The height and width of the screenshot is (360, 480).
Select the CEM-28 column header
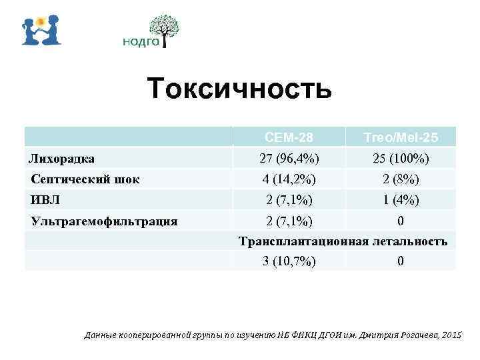pyautogui.click(x=289, y=138)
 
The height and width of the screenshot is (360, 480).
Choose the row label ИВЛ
pyautogui.click(x=43, y=199)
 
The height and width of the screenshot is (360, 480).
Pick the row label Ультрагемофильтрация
pyautogui.click(x=103, y=220)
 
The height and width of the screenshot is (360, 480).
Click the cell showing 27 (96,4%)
pyautogui.click(x=289, y=159)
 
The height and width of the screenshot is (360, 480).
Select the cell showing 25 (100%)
pyautogui.click(x=400, y=159)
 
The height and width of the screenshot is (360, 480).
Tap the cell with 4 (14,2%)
pyautogui.click(x=289, y=179)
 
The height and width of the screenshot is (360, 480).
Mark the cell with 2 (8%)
pyautogui.click(x=400, y=179)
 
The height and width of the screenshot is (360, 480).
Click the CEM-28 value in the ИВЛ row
pyautogui.click(x=289, y=199)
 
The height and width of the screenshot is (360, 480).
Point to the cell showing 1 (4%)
pyautogui.click(x=400, y=199)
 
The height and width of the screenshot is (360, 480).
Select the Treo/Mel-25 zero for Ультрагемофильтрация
pyautogui.click(x=400, y=220)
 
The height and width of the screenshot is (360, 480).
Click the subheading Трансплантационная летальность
pyautogui.click(x=343, y=241)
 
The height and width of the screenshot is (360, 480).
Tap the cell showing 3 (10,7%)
pyautogui.click(x=289, y=261)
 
